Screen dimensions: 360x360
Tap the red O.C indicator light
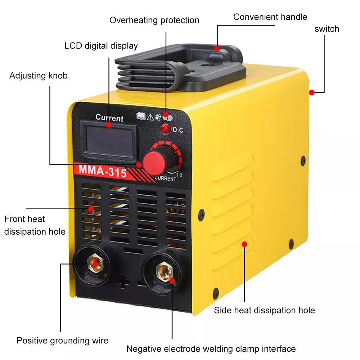click(x=165, y=129)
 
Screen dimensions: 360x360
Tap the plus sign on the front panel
click(x=123, y=282)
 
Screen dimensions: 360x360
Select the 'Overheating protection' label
click(x=154, y=20)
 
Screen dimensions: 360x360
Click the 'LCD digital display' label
click(x=101, y=46)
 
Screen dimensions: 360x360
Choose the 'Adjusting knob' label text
click(x=39, y=76)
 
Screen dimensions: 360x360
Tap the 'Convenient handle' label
click(x=270, y=17)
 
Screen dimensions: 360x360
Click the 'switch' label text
click(x=327, y=29)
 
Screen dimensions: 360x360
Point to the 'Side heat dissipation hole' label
click(x=265, y=310)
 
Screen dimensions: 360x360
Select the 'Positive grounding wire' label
click(x=62, y=341)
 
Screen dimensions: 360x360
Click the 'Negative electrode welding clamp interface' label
click(x=211, y=349)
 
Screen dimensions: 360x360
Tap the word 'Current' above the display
click(x=109, y=118)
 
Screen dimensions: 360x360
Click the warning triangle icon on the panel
click(x=150, y=117)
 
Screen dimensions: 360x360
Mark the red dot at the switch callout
click(x=311, y=92)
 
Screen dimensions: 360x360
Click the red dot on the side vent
click(x=244, y=244)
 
